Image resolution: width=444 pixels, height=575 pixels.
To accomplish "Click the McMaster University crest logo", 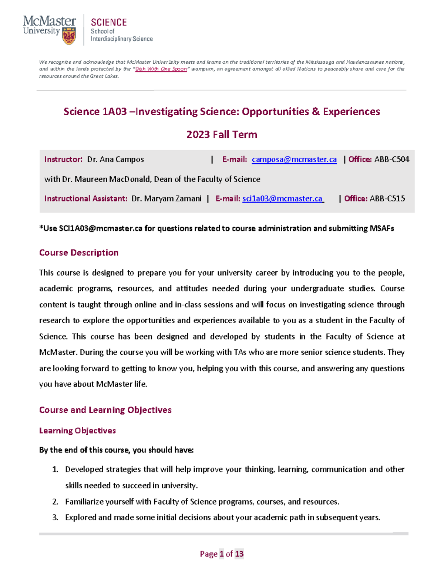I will (69, 36).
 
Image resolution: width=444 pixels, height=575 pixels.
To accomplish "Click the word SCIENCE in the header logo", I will (109, 23).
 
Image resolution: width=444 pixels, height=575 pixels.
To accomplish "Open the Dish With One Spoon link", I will (161, 69).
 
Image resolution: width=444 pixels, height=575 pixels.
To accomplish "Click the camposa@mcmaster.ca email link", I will (294, 160).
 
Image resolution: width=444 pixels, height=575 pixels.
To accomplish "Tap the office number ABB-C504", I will (391, 160).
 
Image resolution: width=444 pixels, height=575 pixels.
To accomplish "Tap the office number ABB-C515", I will (387, 199).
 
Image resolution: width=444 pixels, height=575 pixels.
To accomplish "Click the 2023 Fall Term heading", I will (222, 134).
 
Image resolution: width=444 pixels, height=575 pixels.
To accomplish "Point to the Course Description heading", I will (79, 253).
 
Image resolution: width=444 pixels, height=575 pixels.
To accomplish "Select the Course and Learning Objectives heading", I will (105, 410).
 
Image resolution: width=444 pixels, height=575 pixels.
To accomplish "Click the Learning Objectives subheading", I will (77, 431).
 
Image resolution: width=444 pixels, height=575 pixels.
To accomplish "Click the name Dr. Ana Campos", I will (115, 160).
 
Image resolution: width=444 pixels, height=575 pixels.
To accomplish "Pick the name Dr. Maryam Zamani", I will (166, 199).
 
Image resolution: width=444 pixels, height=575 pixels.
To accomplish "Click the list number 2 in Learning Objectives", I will (55, 502).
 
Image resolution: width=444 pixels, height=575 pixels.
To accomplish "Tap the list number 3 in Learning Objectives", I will (55, 518).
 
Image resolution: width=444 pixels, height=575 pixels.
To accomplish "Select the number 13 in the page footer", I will (239, 554).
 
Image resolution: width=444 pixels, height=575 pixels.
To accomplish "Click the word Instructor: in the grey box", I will (63, 160).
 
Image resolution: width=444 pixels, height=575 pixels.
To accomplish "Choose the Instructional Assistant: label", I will (86, 199).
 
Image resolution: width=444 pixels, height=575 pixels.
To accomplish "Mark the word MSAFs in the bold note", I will (381, 228).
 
